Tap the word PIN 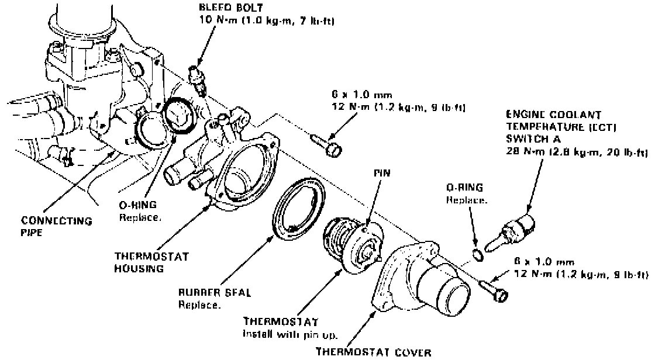(383, 173)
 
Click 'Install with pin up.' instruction (288, 334)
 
